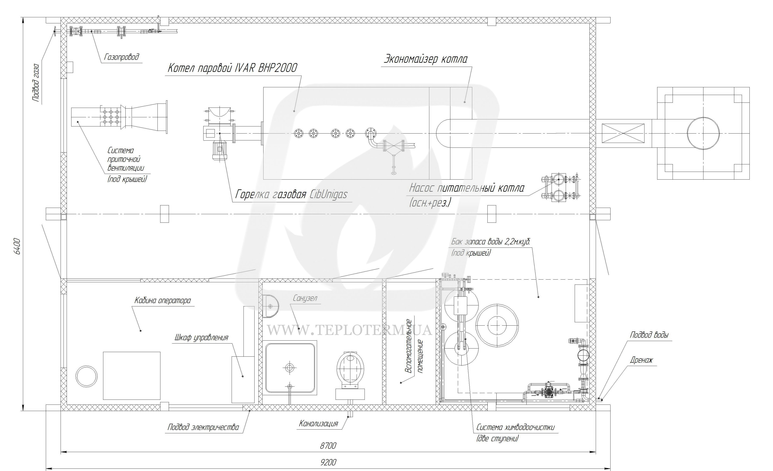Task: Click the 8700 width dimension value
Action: point(328,446)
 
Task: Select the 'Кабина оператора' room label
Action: point(162,300)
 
